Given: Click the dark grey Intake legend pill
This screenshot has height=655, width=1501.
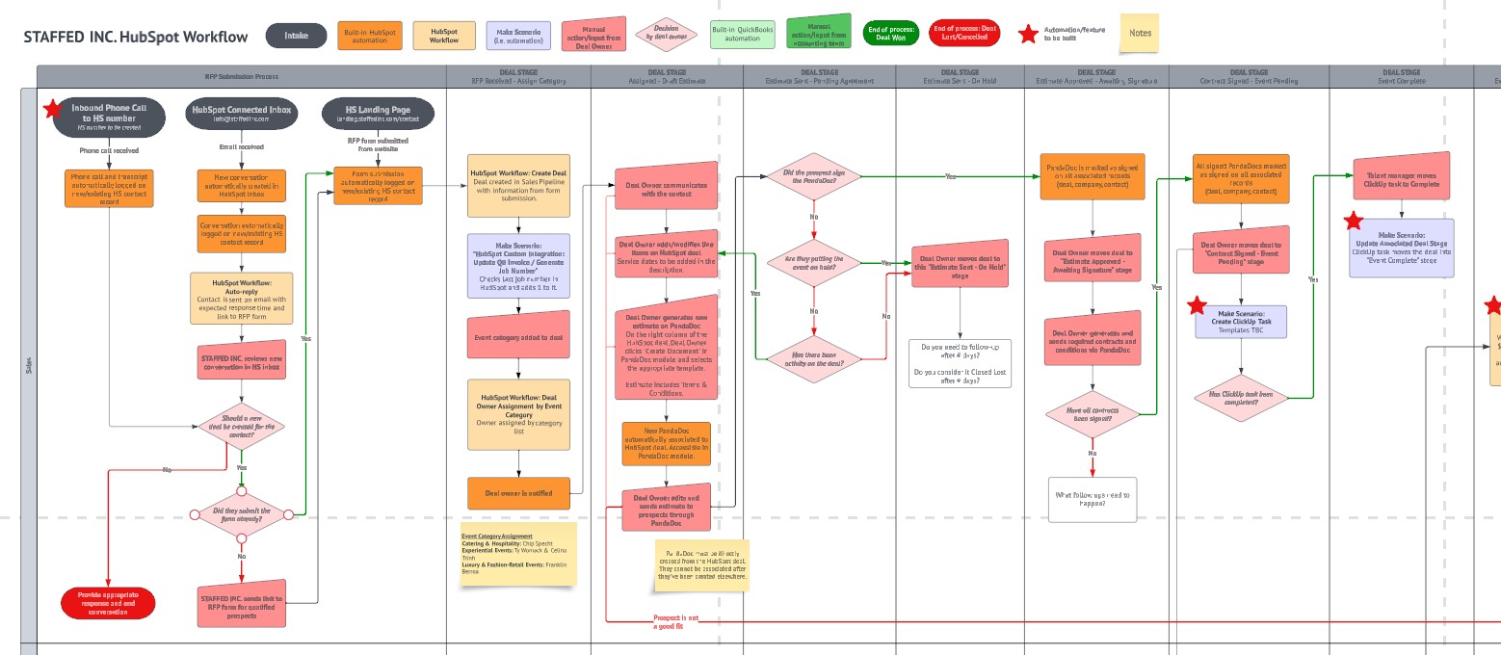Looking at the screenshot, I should click(296, 36).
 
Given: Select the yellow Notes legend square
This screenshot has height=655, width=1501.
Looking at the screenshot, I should click(1140, 33).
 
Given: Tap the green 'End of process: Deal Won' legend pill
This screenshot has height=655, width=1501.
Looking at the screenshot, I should click(891, 34).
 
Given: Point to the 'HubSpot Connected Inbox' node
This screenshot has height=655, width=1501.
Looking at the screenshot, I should click(241, 114).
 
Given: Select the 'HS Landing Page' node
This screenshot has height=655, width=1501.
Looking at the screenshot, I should click(378, 114).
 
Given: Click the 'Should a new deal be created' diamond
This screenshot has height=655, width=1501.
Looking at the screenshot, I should click(241, 425).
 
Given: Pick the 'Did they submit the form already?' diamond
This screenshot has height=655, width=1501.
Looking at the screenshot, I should click(242, 514).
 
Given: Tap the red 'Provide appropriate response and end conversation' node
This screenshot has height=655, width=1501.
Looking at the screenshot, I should click(108, 604).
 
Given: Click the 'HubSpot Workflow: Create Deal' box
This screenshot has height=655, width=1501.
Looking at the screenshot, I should click(519, 185).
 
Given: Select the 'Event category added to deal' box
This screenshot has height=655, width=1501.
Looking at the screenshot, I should click(519, 337).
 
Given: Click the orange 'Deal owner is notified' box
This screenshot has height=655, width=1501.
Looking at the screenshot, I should click(519, 492).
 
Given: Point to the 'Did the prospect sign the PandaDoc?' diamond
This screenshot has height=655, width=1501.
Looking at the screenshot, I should click(813, 176).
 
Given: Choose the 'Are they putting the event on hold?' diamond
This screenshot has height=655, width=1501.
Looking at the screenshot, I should click(813, 263).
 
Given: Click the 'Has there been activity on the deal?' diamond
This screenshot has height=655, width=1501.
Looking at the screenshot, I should click(813, 358).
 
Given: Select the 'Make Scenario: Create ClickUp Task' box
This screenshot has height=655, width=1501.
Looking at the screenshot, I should click(1241, 322).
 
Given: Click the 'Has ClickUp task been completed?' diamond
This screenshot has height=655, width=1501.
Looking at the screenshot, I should click(1241, 397).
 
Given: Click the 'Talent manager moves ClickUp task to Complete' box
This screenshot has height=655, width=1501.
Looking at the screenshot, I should click(1402, 180).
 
